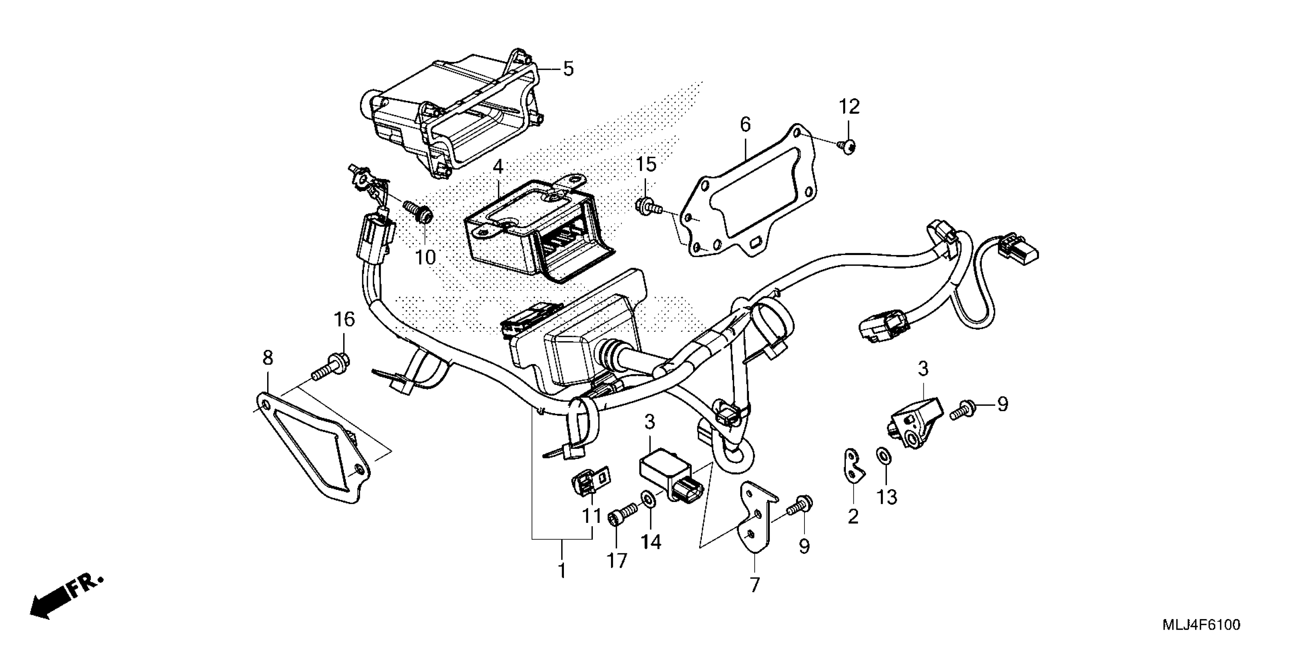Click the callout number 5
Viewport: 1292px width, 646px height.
click(568, 69)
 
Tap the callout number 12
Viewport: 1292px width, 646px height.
click(850, 107)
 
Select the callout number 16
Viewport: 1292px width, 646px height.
click(345, 320)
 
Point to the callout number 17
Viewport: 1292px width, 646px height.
click(617, 561)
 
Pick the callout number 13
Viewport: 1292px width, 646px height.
click(886, 497)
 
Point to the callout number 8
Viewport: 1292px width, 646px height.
click(268, 358)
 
